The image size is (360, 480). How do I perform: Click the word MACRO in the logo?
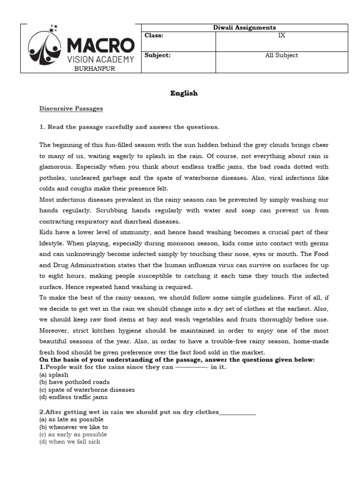tap(100, 46)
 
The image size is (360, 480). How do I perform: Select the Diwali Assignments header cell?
tap(244, 28)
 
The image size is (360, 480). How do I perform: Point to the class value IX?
tap(281, 36)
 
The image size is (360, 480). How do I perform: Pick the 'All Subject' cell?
tap(281, 55)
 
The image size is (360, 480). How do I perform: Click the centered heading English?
tap(184, 93)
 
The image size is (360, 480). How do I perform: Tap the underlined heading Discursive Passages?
tap(71, 109)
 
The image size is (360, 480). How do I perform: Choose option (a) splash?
tap(54, 375)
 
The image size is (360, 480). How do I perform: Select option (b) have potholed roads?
tap(75, 382)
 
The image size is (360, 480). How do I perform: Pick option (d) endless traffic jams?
tap(73, 397)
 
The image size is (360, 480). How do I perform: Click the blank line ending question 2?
tap(238, 412)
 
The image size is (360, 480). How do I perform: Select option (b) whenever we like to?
tap(74, 427)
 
